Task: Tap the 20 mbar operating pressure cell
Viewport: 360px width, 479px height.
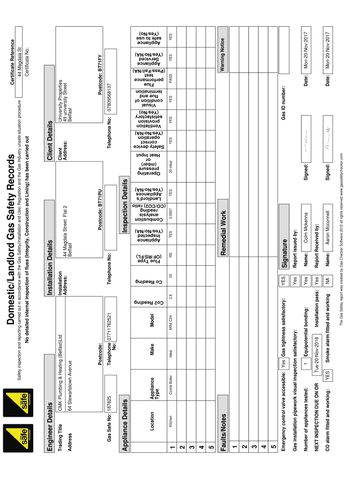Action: [173, 167]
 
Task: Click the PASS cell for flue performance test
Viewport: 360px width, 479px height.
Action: [173, 80]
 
